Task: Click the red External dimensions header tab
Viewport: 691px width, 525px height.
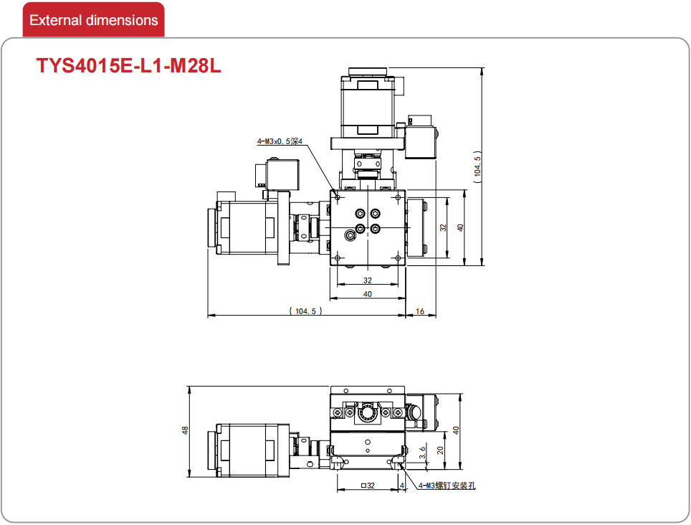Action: pyautogui.click(x=93, y=20)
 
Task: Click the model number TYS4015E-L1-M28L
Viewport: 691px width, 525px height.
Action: pyautogui.click(x=129, y=66)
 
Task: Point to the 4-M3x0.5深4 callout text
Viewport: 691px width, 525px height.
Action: pyautogui.click(x=280, y=141)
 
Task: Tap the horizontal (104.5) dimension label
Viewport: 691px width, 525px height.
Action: pyautogui.click(x=306, y=311)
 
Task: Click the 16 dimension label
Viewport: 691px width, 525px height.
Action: pyautogui.click(x=420, y=311)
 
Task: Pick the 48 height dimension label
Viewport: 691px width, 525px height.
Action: pyautogui.click(x=185, y=430)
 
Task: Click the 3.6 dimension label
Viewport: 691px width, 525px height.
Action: pyautogui.click(x=422, y=453)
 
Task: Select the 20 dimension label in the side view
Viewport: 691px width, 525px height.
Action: pyautogui.click(x=440, y=450)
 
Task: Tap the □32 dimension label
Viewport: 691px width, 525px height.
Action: pyautogui.click(x=368, y=486)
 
